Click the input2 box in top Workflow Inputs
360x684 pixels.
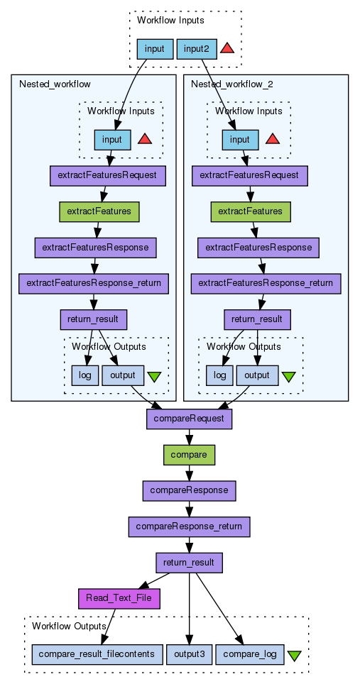(x=197, y=49)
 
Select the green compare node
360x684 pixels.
(x=189, y=455)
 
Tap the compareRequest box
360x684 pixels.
(x=189, y=419)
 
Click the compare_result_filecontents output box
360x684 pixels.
(x=97, y=654)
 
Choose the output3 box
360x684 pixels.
(x=189, y=654)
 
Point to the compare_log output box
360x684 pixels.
(x=250, y=654)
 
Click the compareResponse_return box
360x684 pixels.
(x=189, y=526)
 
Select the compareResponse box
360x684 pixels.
(x=189, y=491)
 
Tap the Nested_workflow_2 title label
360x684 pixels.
(x=232, y=84)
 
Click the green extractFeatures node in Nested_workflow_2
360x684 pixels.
(x=251, y=211)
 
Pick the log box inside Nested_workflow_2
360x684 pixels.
(x=219, y=375)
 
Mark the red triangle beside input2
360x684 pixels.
(x=227, y=48)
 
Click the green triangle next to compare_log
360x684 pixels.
(x=294, y=655)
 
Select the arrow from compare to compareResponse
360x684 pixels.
(x=189, y=473)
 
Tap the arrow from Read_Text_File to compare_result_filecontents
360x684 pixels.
(x=108, y=627)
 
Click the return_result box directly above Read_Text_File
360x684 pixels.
(x=190, y=563)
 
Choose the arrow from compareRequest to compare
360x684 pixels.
(x=189, y=436)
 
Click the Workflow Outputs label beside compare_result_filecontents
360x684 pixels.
(x=70, y=627)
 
